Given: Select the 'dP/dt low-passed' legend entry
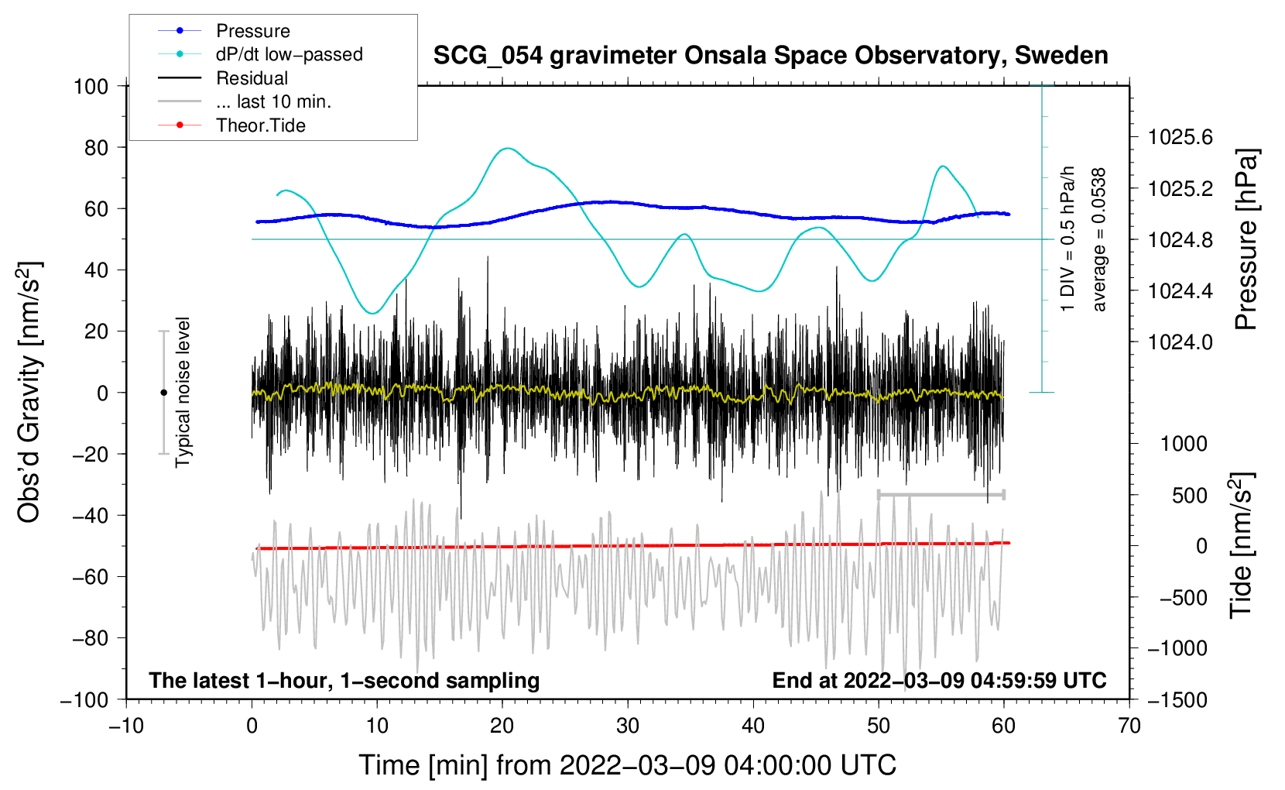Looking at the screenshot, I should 289,54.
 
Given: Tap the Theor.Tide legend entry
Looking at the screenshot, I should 260,125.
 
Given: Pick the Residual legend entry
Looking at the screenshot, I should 252,78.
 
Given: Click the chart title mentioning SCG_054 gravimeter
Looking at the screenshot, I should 770,56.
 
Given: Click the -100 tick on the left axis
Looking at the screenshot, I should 85,699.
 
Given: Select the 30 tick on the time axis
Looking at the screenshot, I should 628,726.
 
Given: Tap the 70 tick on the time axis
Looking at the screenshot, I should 1129,726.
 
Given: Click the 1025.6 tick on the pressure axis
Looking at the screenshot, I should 1180,138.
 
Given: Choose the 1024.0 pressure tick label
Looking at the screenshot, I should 1180,342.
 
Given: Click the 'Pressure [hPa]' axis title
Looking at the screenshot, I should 1246,240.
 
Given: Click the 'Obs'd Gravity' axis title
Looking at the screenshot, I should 29,392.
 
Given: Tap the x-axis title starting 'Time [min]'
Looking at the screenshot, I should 628,765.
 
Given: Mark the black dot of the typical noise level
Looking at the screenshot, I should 163,393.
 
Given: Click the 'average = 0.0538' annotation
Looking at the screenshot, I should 1099,240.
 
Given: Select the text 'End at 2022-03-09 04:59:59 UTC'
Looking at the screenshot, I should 939,681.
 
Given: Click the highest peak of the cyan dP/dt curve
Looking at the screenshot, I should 507,148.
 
